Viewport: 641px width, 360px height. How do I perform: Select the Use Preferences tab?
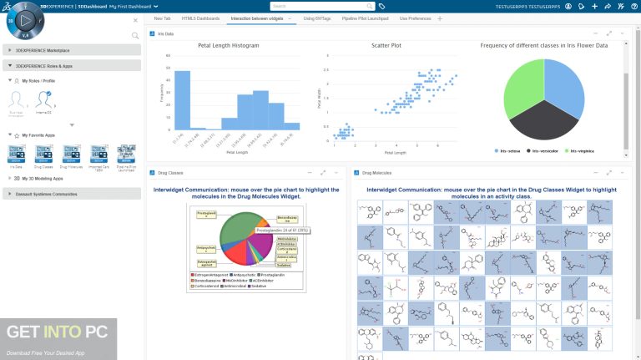tap(415, 18)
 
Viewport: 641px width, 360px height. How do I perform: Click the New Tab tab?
tap(163, 18)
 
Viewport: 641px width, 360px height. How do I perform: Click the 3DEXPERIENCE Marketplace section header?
tap(72, 51)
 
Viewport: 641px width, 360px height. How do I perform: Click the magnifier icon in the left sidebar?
tap(135, 35)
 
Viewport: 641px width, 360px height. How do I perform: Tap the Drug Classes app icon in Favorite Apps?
tap(44, 153)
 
